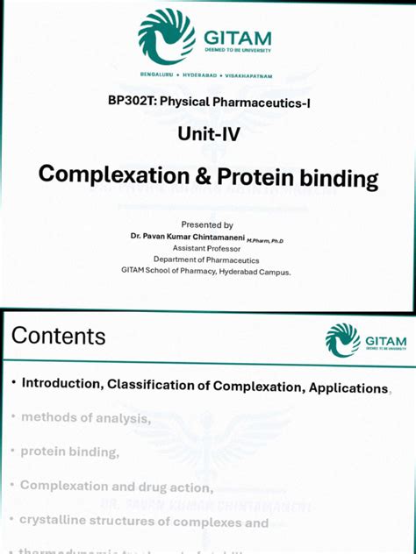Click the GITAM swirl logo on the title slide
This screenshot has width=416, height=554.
[167, 36]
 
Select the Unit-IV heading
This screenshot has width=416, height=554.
[208, 134]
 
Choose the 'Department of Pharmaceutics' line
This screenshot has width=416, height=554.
[206, 259]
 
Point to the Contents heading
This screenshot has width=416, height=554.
[59, 336]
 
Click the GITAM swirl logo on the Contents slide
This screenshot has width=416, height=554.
[342, 340]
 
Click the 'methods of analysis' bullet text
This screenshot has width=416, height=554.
[85, 418]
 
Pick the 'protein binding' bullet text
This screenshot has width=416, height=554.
[69, 451]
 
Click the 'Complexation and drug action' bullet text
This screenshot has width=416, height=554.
[116, 487]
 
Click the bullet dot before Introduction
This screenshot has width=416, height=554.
[13, 384]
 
